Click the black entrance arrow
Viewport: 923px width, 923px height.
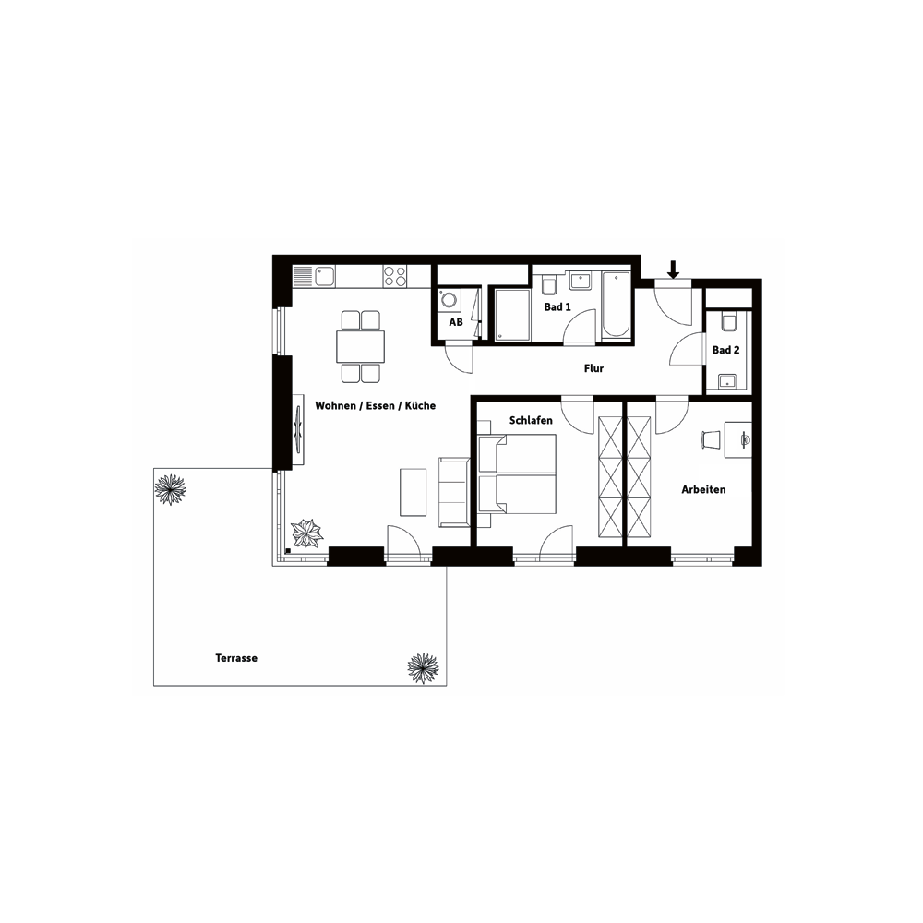click(674, 270)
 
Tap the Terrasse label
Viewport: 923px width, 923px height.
click(236, 658)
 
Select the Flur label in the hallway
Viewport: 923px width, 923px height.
click(593, 368)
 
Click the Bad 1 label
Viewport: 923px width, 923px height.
click(557, 306)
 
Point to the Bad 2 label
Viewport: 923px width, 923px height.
click(725, 350)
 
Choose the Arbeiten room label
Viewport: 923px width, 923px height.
click(703, 489)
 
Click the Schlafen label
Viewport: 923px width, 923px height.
click(531, 420)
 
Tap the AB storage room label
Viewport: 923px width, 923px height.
click(456, 322)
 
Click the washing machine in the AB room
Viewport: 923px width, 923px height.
click(450, 300)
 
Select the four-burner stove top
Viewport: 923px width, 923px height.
click(394, 276)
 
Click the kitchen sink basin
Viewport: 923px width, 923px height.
click(324, 276)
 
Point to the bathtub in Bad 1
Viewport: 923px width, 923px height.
click(616, 306)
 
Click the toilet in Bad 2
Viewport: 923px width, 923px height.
click(729, 322)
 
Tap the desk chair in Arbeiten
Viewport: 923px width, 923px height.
click(711, 439)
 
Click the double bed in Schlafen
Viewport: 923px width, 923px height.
click(518, 473)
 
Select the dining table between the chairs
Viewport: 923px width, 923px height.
click(360, 347)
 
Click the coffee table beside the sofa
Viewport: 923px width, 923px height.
click(414, 492)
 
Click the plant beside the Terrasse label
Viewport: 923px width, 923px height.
click(424, 668)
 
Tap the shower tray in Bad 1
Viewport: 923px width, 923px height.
click(511, 315)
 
